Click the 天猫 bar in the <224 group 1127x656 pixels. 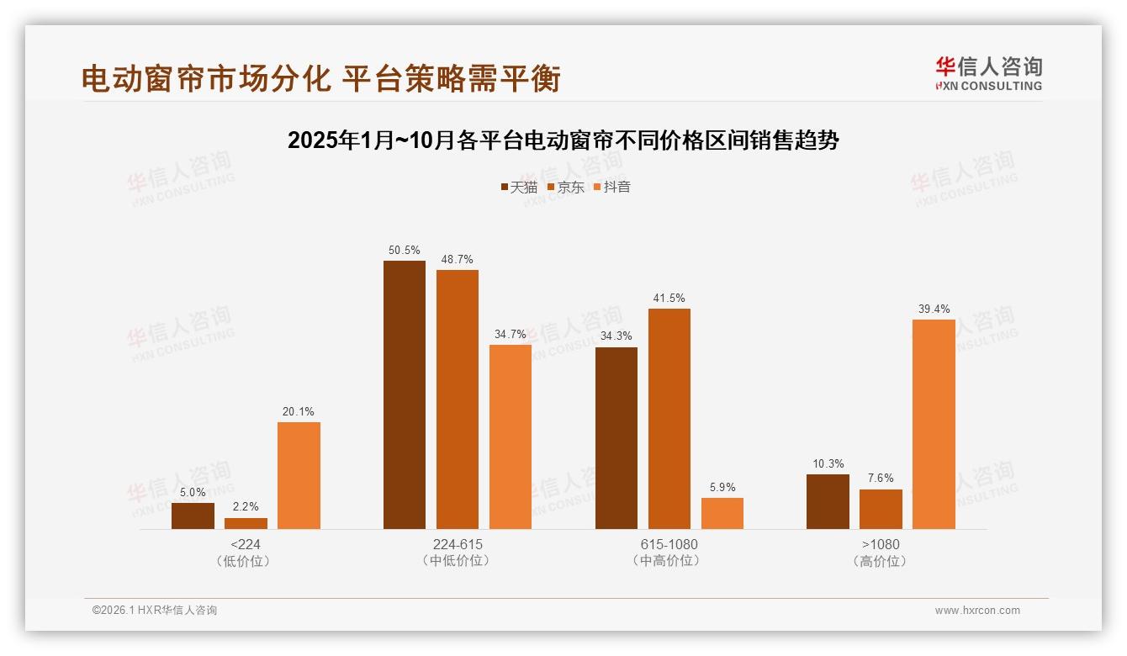[x=193, y=516]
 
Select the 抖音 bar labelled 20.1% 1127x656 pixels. [x=299, y=475]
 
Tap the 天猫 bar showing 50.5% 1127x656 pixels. [x=405, y=394]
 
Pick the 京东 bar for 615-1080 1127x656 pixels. [x=669, y=419]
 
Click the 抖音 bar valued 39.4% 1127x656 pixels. [x=934, y=424]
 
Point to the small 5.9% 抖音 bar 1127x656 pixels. [x=722, y=513]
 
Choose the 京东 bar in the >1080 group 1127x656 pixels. [x=881, y=509]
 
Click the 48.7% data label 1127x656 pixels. [x=457, y=259]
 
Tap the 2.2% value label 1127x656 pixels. [x=246, y=507]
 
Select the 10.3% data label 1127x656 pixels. [x=828, y=463]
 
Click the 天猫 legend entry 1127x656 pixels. [x=519, y=187]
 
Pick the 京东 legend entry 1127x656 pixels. [x=565, y=187]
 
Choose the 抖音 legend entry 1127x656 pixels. [x=611, y=187]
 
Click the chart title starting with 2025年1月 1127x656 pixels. [x=563, y=140]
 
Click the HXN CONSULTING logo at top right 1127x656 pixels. [x=988, y=73]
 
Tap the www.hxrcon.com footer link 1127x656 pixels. [x=977, y=610]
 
